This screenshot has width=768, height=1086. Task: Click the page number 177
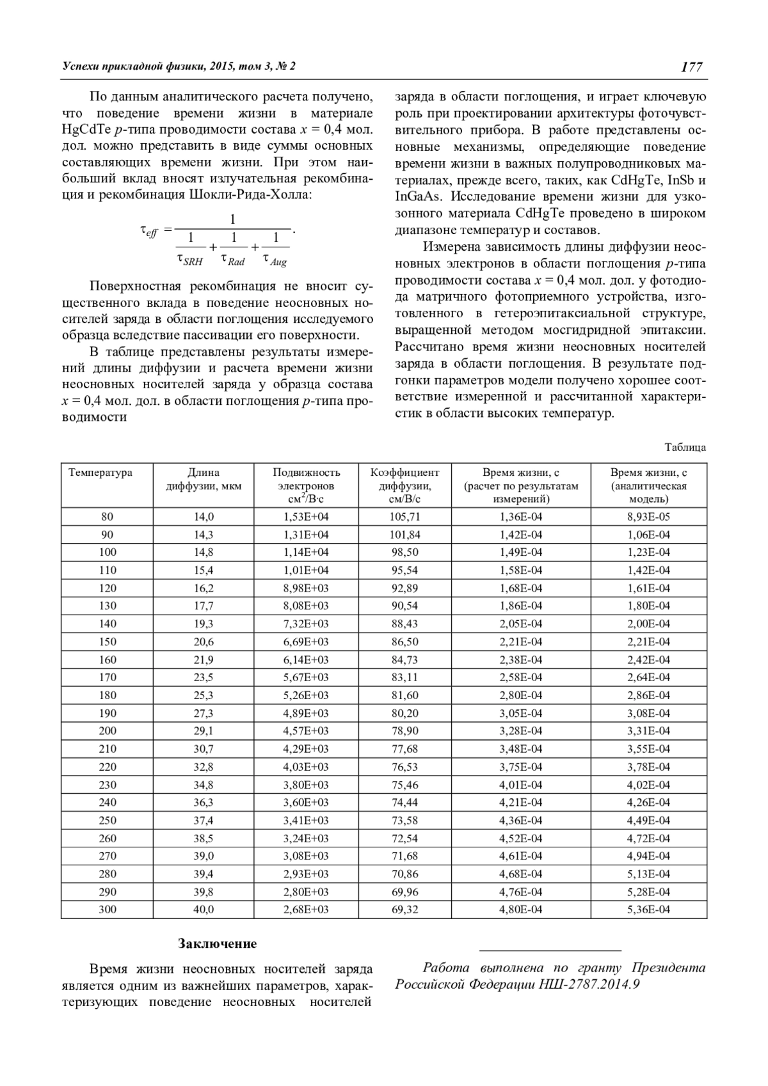[691, 67]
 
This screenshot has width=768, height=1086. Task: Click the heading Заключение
[218, 943]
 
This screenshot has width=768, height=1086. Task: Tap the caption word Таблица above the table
[685, 447]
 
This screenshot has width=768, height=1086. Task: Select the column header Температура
[100, 473]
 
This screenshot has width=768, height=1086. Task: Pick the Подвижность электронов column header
[307, 485]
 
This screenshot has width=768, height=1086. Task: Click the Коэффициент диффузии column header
[404, 485]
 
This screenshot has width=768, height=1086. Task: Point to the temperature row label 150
[108, 641]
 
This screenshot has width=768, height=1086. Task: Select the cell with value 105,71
[405, 517]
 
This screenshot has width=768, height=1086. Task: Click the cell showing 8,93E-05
[648, 517]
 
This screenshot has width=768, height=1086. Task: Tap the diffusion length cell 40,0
[204, 909]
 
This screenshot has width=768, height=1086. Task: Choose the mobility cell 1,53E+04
[306, 517]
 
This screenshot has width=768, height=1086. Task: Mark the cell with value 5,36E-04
[648, 909]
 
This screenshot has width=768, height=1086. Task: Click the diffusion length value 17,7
[204, 606]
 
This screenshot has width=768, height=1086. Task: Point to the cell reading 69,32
[405, 909]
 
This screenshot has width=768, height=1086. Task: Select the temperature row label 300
[108, 909]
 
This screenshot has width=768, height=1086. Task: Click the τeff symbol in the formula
[148, 231]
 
